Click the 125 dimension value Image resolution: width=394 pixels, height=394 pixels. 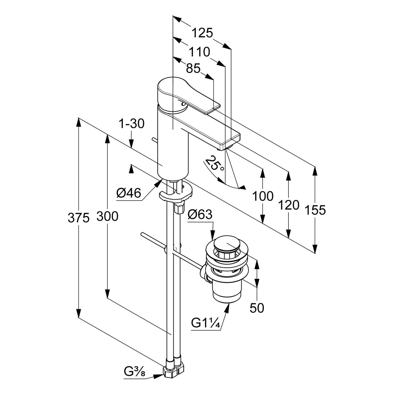coord(202,33)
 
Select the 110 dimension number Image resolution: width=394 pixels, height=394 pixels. coord(200,52)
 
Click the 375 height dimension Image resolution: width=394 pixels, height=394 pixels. coord(79,218)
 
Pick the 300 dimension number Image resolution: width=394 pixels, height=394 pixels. coord(107,216)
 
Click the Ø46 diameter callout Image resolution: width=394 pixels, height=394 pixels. coord(129,194)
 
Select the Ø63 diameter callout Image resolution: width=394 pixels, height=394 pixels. coord(200,215)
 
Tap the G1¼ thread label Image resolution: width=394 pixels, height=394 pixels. coord(205,323)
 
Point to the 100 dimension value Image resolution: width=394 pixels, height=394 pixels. coord(263,196)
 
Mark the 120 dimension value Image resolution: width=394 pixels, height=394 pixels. coord(289,205)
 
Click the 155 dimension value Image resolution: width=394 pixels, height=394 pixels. coord(315,210)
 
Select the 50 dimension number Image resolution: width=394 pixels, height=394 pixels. coord(257,308)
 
